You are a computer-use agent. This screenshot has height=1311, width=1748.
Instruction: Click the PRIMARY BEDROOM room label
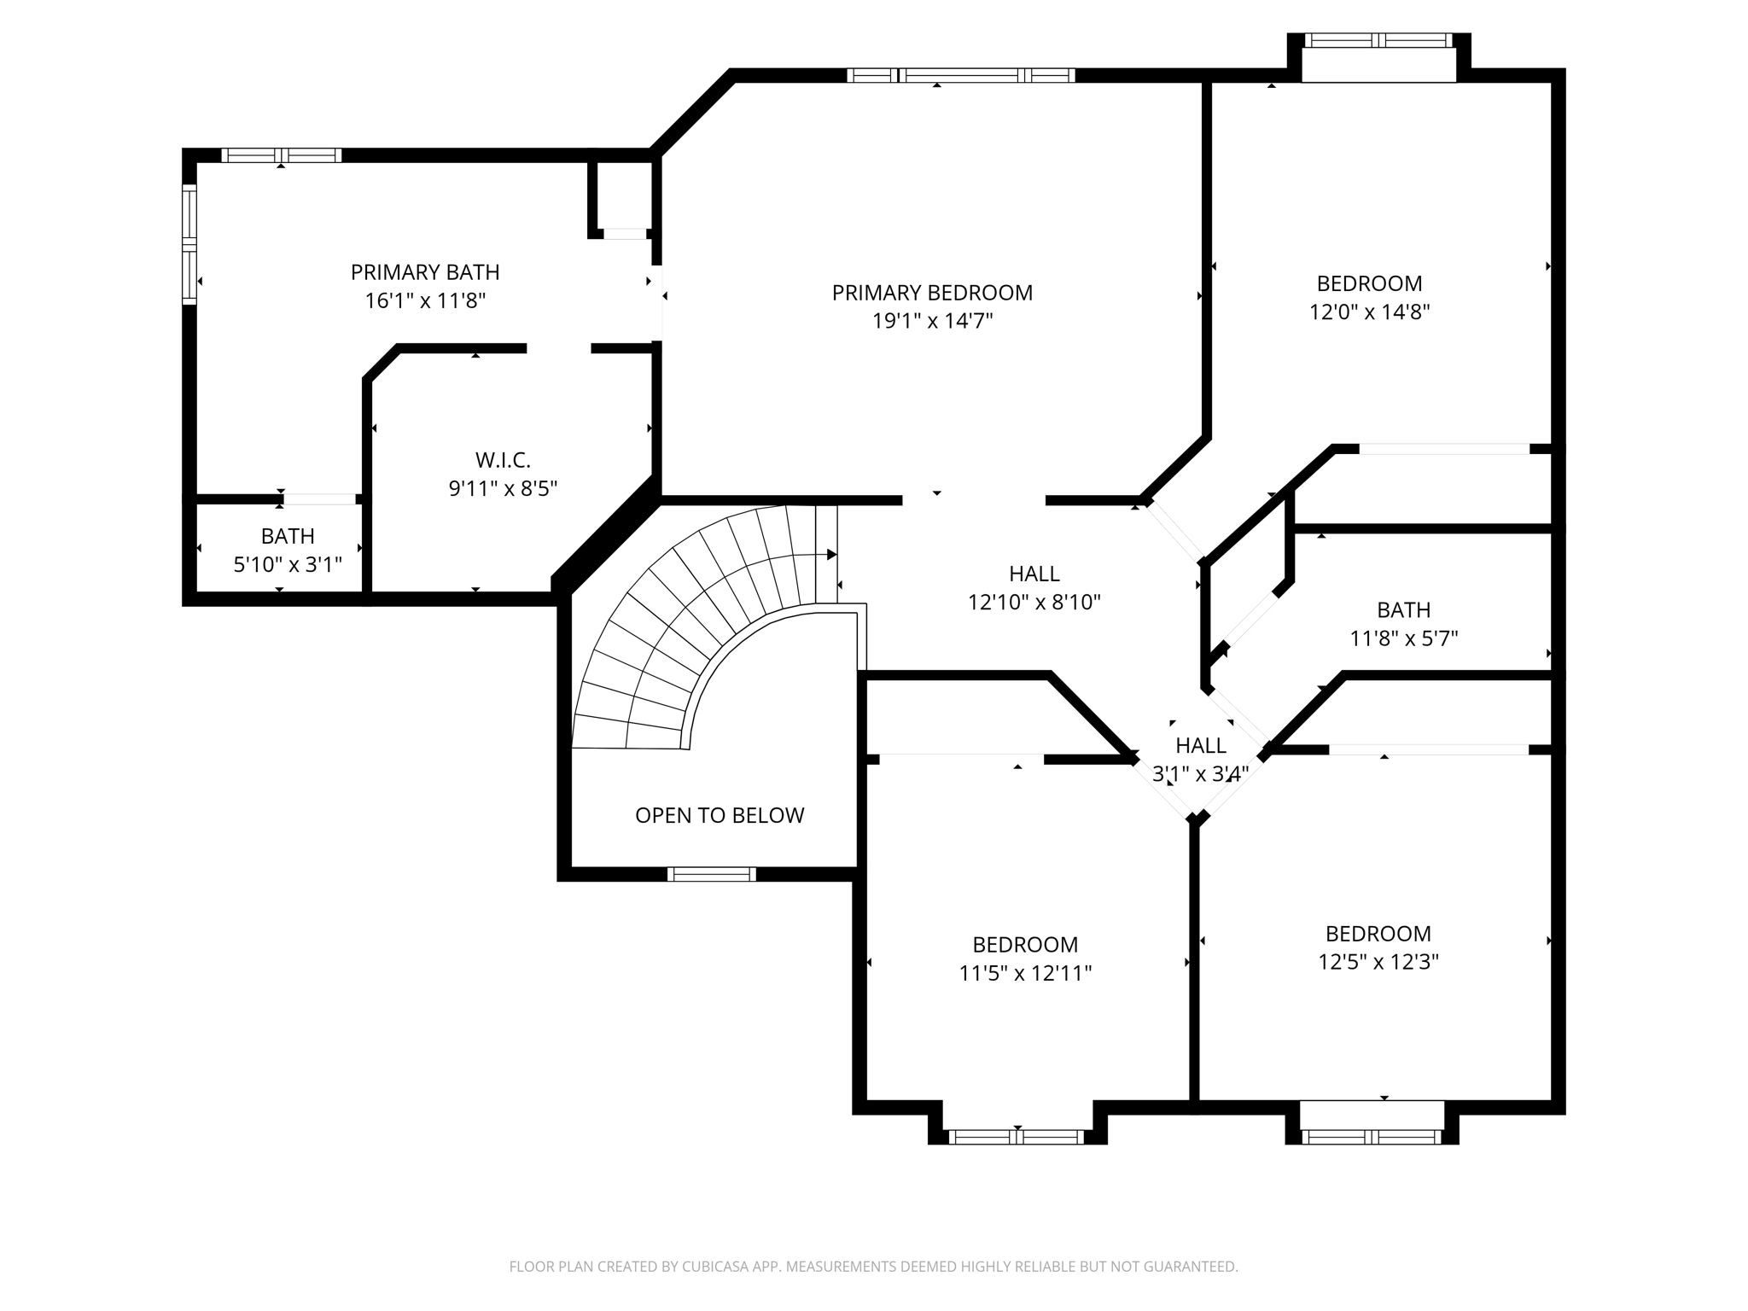coord(932,293)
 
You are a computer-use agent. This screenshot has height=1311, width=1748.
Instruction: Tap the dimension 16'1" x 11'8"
coord(424,300)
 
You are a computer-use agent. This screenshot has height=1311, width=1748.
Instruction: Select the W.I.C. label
coord(503,460)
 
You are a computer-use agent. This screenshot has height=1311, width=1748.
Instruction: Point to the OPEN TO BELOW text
coord(719,815)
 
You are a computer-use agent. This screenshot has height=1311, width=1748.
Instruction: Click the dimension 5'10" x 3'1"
coord(288,564)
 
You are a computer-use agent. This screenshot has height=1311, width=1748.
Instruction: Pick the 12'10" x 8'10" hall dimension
coord(1034,603)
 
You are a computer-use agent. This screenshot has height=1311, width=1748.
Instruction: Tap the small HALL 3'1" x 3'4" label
coord(1200,746)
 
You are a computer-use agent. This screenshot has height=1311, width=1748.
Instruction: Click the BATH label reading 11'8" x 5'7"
coord(1403,610)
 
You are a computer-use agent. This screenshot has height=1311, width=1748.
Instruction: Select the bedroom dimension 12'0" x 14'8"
coord(1369,312)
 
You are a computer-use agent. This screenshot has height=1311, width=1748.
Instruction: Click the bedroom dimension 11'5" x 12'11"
coord(1025,973)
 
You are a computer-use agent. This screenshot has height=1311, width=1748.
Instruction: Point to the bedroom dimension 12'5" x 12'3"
coord(1378,962)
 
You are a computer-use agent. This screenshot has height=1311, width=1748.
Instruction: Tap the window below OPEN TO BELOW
coord(711,873)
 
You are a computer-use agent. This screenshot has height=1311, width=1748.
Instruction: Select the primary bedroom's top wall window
coord(960,75)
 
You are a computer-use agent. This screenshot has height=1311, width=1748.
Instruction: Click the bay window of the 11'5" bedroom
coord(1016,1136)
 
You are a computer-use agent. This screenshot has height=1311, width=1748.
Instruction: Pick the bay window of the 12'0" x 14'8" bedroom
coord(1378,40)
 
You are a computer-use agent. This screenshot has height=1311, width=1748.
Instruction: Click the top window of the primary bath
coord(281,155)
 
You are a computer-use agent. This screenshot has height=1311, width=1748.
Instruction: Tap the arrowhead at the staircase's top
coord(832,555)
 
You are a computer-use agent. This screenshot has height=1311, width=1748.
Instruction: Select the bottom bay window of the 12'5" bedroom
coord(1371,1136)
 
